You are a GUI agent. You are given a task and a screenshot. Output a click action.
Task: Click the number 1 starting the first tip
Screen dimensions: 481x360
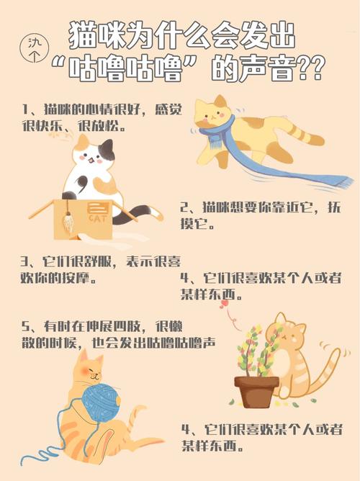pyautogui.click(x=24, y=110)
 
